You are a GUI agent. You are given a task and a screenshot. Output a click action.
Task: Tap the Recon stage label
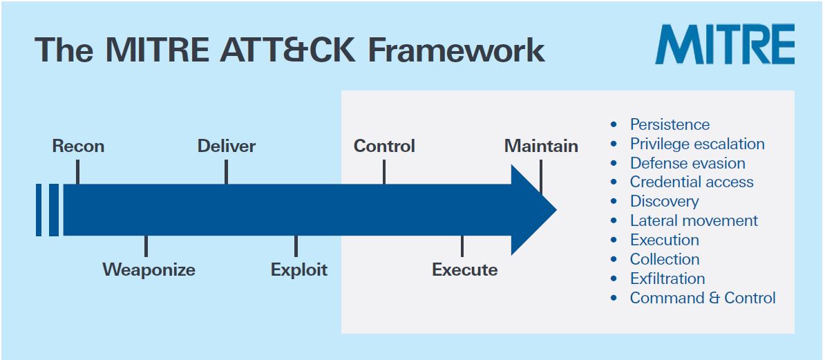pyautogui.click(x=78, y=146)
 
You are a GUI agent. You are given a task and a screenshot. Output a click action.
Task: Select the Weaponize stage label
pyautogui.click(x=149, y=269)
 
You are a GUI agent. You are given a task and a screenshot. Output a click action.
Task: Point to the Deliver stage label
pyautogui.click(x=226, y=146)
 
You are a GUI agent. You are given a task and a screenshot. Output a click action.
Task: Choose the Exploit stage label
pyautogui.click(x=298, y=269)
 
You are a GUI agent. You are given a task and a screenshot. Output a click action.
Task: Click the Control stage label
pyautogui.click(x=384, y=146)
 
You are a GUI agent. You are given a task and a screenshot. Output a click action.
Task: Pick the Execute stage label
pyautogui.click(x=464, y=269)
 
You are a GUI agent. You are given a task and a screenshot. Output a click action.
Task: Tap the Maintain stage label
pyautogui.click(x=541, y=146)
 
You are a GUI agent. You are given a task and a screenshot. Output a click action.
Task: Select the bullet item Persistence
pyautogui.click(x=669, y=124)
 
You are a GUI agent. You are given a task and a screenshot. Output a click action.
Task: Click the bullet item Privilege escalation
pyautogui.click(x=696, y=144)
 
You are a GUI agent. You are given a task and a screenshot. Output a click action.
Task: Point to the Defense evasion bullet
pyautogui.click(x=687, y=163)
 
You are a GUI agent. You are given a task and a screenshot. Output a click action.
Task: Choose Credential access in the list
pyautogui.click(x=691, y=182)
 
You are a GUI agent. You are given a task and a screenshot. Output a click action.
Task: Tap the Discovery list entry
pyautogui.click(x=663, y=202)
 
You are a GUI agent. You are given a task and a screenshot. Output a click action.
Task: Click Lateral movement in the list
pyautogui.click(x=693, y=221)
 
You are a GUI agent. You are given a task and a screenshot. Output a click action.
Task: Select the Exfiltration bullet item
pyautogui.click(x=667, y=279)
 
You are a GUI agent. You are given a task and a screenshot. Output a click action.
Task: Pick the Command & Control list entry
pyautogui.click(x=702, y=299)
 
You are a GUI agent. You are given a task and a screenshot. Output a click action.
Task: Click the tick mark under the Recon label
pyautogui.click(x=77, y=172)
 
